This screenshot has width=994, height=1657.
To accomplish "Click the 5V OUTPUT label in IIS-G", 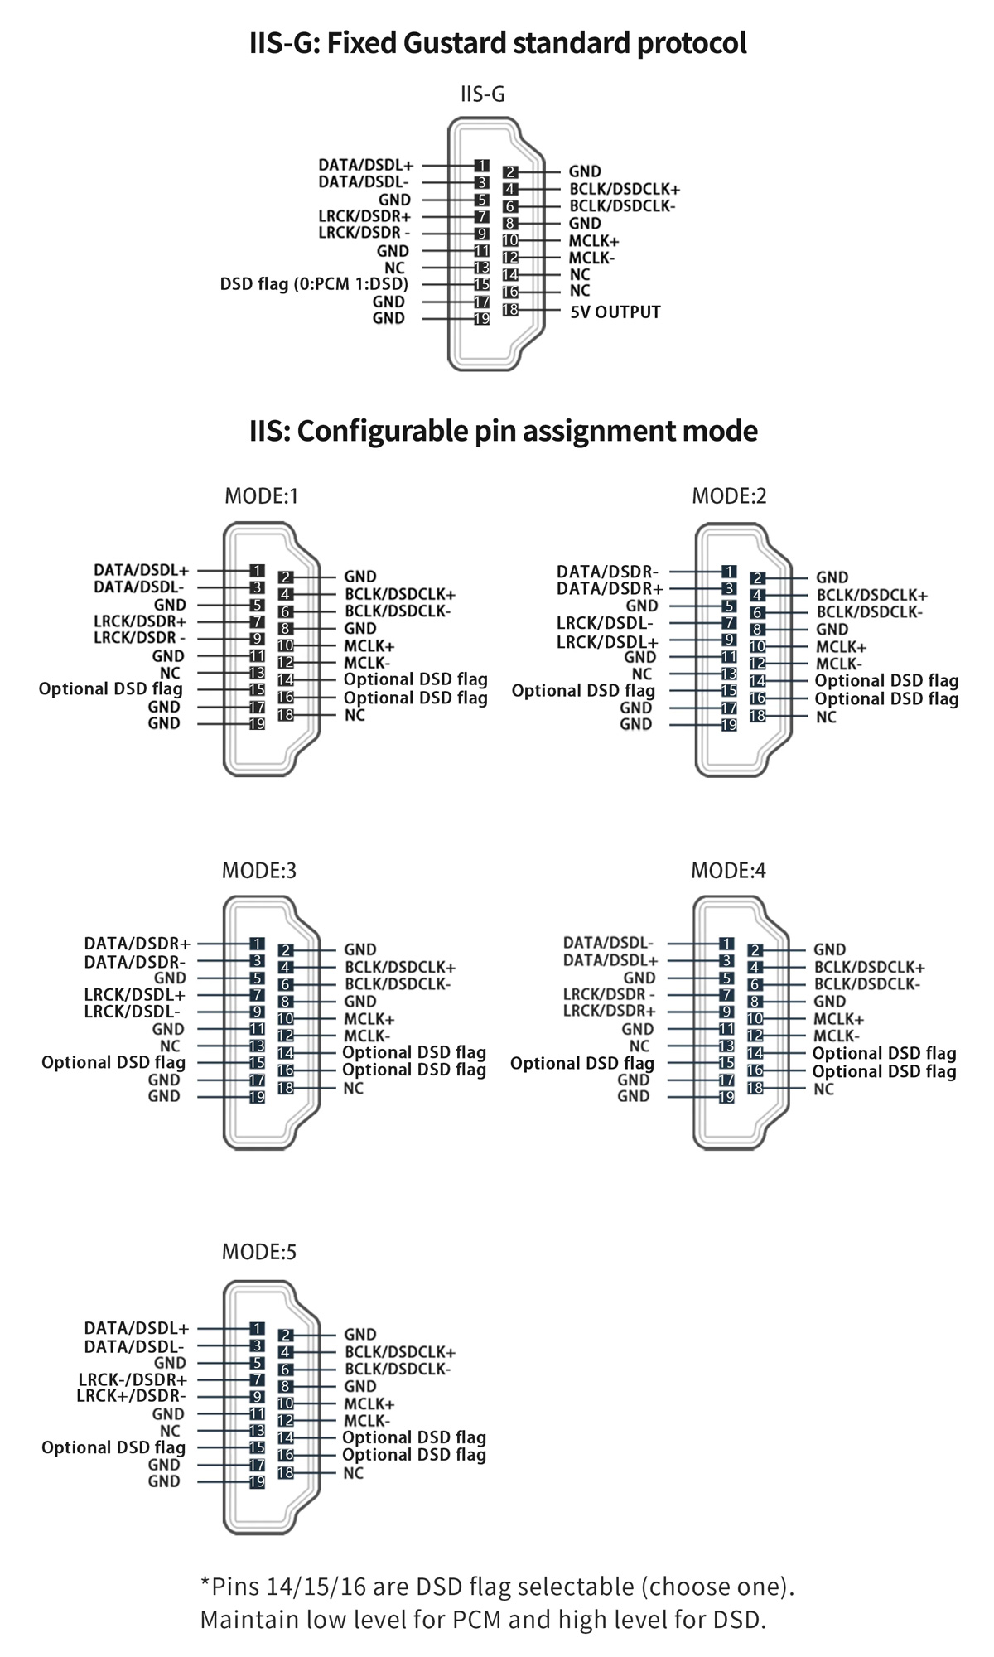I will [x=615, y=312].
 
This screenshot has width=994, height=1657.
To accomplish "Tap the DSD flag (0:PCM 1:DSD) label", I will [x=314, y=284].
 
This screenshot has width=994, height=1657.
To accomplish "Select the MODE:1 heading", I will [x=261, y=495].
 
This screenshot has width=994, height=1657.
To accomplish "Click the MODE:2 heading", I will [x=729, y=495].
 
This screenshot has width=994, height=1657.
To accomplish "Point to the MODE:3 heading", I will [x=259, y=870].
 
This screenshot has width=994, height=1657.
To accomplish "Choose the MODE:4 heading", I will [x=728, y=870].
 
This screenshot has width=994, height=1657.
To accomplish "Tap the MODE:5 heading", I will [x=259, y=1251].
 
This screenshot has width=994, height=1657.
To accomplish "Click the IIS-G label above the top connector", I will [x=483, y=94].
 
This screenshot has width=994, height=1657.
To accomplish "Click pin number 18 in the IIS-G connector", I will [x=510, y=310].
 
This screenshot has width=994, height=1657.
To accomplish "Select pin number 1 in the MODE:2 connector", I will [x=729, y=572].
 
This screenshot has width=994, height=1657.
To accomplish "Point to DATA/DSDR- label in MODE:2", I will [x=607, y=572].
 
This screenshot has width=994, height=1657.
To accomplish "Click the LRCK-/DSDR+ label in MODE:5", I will [x=133, y=1379].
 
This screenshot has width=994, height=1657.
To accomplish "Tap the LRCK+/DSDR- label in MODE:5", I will [x=131, y=1396].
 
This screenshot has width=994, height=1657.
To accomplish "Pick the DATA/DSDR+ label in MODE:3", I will [x=137, y=944].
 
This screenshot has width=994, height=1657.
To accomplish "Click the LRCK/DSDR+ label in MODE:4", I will [x=609, y=1011].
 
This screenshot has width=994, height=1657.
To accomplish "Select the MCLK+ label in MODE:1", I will [x=369, y=645].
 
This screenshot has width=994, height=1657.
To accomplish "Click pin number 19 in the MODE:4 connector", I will [x=726, y=1097].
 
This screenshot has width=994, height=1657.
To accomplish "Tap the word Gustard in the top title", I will [x=454, y=43].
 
